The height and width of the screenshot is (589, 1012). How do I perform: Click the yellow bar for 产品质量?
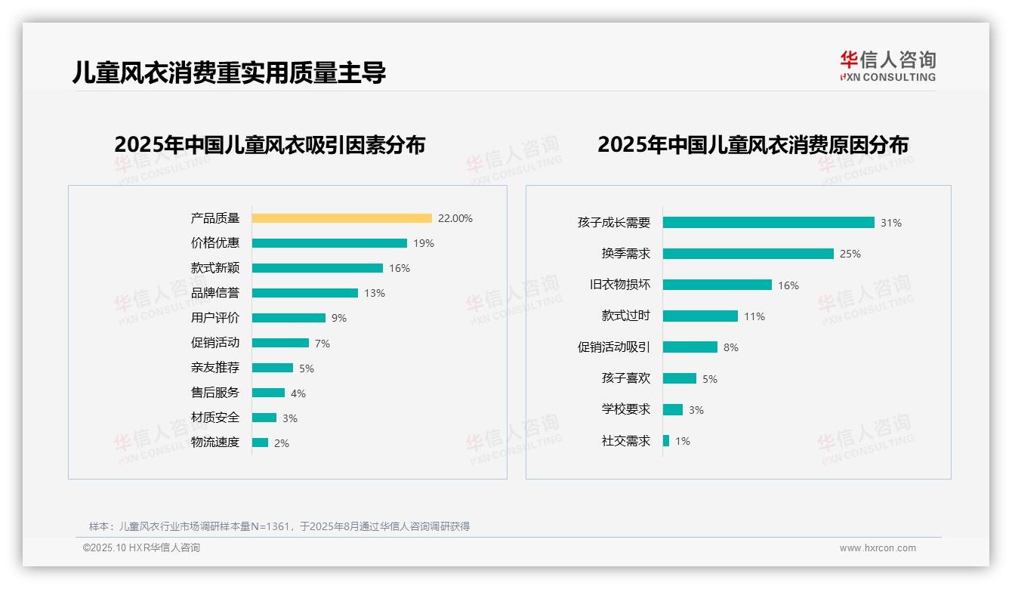coord(341,218)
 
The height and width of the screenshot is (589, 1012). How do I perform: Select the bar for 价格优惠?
coord(329,243)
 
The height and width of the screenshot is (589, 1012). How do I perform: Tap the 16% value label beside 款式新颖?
coord(400,268)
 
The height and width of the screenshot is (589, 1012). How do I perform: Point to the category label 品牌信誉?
coord(215,293)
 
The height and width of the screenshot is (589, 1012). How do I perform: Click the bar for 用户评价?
coord(288,318)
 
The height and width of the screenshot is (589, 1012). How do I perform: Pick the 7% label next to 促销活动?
coord(322,344)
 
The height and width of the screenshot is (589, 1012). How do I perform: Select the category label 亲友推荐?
coord(215,368)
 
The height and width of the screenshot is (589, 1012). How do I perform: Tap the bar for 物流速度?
coord(260,443)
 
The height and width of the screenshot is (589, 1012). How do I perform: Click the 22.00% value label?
coord(455,218)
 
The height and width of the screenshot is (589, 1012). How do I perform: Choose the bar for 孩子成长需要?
coord(768,223)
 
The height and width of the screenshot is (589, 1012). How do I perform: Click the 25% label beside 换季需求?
coord(850,254)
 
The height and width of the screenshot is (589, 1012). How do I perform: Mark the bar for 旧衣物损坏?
coord(717,285)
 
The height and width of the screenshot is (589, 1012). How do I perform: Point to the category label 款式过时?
coord(625,316)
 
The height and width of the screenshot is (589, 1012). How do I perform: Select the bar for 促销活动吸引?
coord(690,347)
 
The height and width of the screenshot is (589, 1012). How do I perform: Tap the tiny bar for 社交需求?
coord(666,440)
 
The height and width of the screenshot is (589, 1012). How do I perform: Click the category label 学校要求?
coord(625,409)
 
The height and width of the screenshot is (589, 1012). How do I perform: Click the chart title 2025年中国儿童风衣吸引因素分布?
coord(270,144)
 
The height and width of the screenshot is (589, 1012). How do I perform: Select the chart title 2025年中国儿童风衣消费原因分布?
coord(752,144)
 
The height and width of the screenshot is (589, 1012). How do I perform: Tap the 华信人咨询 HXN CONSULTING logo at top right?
coord(887,66)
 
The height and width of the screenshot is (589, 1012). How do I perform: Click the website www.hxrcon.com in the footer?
coord(878,548)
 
